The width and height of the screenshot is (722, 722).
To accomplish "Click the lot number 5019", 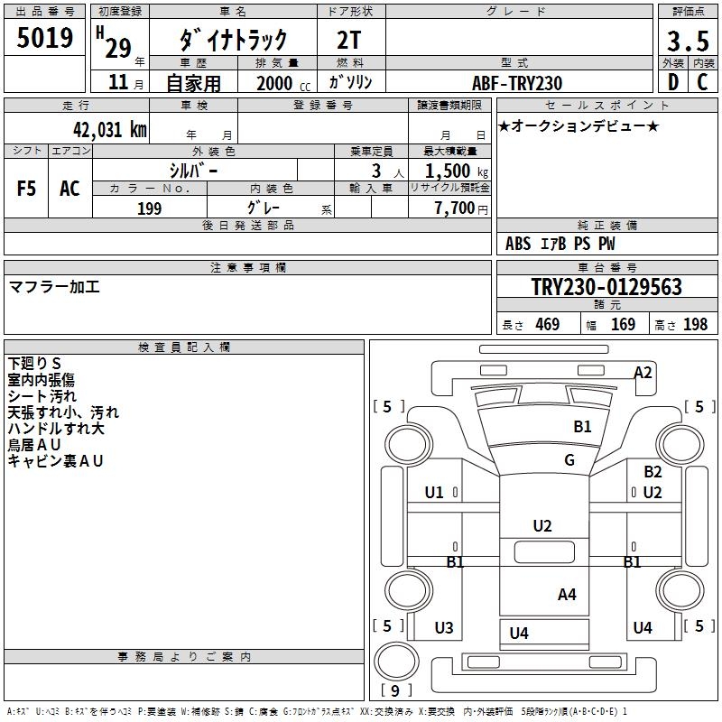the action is tap(45, 38).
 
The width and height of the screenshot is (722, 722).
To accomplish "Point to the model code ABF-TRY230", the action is tap(518, 83).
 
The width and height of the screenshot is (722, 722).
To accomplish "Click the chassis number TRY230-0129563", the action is tap(606, 288).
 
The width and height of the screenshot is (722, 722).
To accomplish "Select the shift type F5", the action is tap(27, 189).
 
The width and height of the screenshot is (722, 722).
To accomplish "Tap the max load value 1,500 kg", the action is tap(450, 171).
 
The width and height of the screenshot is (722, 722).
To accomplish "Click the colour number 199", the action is tap(149, 208).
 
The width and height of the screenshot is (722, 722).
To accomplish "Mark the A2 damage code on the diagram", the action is tap(643, 372).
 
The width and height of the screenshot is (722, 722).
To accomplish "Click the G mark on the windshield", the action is tap(569, 460).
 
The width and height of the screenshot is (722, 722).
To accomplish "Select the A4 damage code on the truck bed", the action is tap(567, 594).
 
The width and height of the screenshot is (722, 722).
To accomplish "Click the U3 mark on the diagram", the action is tap(444, 628).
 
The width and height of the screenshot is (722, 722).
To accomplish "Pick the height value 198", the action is tap(696, 325).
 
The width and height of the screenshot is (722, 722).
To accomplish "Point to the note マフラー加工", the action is tap(54, 287).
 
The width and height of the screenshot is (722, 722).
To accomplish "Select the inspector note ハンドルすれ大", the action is tap(56, 429).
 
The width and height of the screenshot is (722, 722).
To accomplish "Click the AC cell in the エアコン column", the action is tap(69, 189).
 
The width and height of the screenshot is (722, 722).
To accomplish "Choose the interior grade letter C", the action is tap(702, 83).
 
